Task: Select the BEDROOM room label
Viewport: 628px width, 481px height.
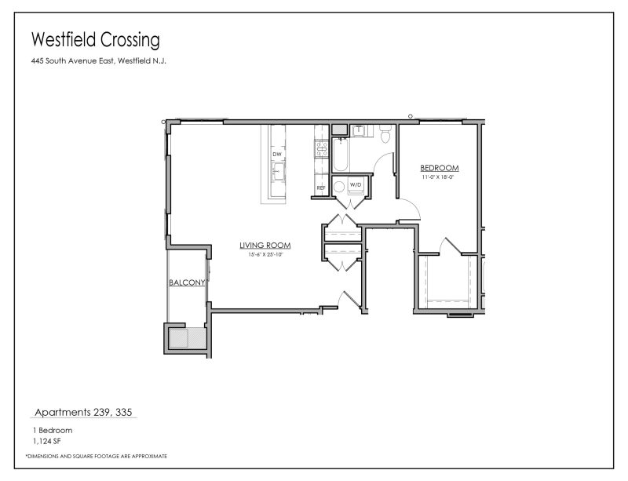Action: pos(439,168)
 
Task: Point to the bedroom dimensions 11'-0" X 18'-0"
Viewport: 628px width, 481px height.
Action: pos(439,177)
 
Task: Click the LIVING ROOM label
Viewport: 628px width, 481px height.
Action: pos(261,246)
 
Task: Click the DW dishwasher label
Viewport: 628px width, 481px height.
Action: pos(276,155)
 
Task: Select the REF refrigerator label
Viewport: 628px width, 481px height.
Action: pos(320,188)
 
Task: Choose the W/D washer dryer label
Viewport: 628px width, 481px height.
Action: pos(356,185)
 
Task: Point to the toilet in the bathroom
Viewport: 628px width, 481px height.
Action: pos(384,137)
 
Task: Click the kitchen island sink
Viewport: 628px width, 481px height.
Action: pos(277,169)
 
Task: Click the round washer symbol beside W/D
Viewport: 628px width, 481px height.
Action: pos(339,187)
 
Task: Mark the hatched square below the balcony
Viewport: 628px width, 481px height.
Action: pos(181,337)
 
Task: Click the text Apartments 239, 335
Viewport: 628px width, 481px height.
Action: pos(86,412)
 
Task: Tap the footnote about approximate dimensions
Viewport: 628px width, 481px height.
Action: pos(96,456)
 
